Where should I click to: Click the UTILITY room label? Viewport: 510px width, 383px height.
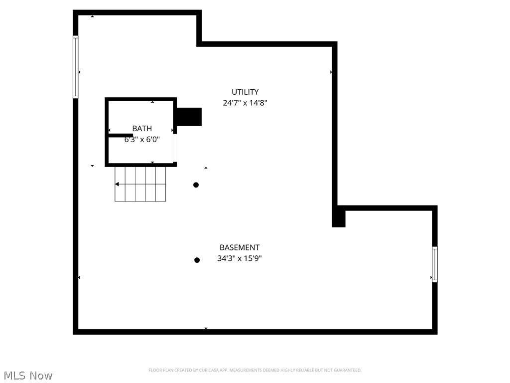[x=245, y=92]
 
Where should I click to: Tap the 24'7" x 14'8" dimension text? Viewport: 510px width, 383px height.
[x=245, y=103]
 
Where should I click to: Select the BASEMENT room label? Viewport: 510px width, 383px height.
[x=240, y=247]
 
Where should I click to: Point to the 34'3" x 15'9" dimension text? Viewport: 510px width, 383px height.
[x=240, y=258]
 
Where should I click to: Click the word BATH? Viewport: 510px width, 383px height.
[x=142, y=129]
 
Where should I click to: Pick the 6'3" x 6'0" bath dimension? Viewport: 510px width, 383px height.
[x=142, y=140]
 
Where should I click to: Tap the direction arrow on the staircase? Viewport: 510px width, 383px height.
[x=117, y=185]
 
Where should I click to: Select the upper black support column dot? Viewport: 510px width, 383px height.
[x=196, y=185]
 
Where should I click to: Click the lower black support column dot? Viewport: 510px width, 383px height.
[x=197, y=260]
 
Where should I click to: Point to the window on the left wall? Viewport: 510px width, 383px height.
[x=76, y=67]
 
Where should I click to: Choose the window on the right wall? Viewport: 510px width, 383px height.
[x=435, y=264]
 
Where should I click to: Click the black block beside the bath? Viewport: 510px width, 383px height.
[x=189, y=117]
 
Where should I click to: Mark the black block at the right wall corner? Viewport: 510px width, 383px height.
[x=339, y=217]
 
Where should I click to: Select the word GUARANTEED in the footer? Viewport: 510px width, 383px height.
[x=348, y=370]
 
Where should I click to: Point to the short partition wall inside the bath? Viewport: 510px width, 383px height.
[x=120, y=135]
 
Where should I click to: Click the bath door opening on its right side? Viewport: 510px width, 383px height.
[x=175, y=148]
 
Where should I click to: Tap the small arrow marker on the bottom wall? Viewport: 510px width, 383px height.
[x=206, y=328]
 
